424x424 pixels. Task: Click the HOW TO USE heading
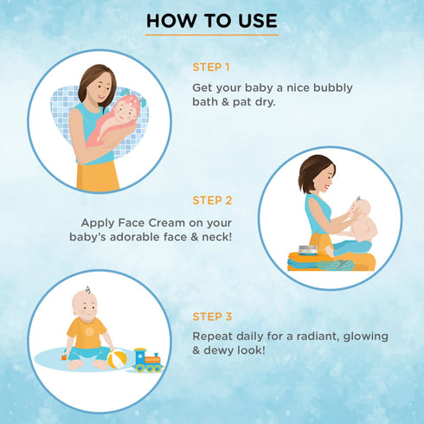coord(212,21)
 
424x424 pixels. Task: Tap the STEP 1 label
coord(211,66)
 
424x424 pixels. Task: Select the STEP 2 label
coord(211,200)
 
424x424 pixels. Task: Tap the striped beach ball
coord(119,357)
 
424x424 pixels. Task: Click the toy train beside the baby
coord(147,359)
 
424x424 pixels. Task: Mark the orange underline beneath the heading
coord(212,35)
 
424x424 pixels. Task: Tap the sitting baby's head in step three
coord(83,302)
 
